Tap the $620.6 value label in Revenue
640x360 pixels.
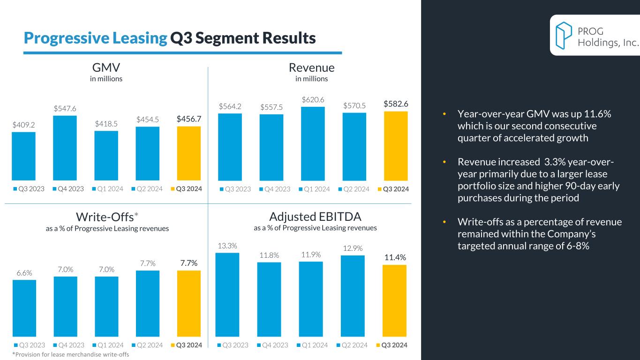[313, 99]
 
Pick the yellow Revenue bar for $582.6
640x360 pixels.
[396, 146]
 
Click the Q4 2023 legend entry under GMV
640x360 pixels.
[68, 189]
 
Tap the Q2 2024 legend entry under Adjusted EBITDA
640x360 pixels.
[354, 345]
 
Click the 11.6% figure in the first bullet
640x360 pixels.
[598, 114]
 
